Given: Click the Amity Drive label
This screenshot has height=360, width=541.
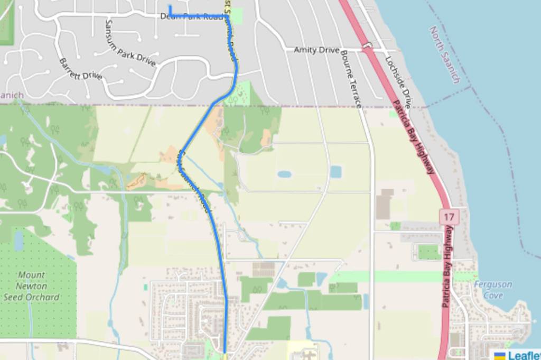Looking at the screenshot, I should pos(316,50).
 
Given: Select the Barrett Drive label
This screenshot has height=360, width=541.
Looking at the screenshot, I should pos(80,69).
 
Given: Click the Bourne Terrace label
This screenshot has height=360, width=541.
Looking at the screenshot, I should pos(351,79).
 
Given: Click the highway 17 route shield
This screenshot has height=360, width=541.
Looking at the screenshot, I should pos(449,216).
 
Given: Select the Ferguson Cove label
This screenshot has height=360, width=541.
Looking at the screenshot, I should pos(492,290).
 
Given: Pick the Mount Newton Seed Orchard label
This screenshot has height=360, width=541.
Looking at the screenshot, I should pos(31,286).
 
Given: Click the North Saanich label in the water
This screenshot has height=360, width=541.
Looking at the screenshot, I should pos(444,55).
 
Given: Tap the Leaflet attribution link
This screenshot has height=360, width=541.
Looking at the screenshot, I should pos(524,355).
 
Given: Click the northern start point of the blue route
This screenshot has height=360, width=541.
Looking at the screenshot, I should pos(170,6).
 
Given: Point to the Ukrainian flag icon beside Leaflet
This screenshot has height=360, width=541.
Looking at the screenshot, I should pos(499,355).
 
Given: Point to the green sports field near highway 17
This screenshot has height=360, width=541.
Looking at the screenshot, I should pos(429,252).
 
